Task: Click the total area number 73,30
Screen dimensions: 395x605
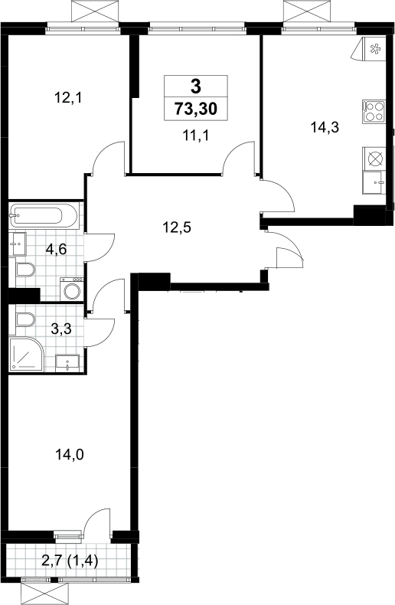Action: [x=196, y=109]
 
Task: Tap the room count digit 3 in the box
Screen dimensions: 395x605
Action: [x=196, y=86]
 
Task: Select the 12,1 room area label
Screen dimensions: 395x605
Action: [x=68, y=98]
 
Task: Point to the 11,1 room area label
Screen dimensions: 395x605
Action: [x=196, y=136]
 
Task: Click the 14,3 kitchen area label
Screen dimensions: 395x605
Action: [x=325, y=127]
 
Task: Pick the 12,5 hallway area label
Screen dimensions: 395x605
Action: [x=177, y=227]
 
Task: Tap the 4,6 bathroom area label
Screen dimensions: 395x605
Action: [x=57, y=250]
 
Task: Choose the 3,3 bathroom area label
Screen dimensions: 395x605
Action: [x=61, y=329]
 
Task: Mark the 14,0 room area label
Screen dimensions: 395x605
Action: [x=70, y=456]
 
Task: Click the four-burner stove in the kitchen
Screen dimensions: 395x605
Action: [x=374, y=112]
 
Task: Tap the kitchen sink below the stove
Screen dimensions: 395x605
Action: [x=374, y=183]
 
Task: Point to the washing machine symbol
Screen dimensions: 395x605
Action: [x=72, y=289]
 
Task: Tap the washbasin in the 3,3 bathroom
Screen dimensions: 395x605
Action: [x=67, y=363]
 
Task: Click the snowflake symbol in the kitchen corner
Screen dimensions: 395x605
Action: [x=374, y=49]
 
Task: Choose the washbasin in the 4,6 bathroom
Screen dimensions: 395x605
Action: [x=18, y=244]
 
